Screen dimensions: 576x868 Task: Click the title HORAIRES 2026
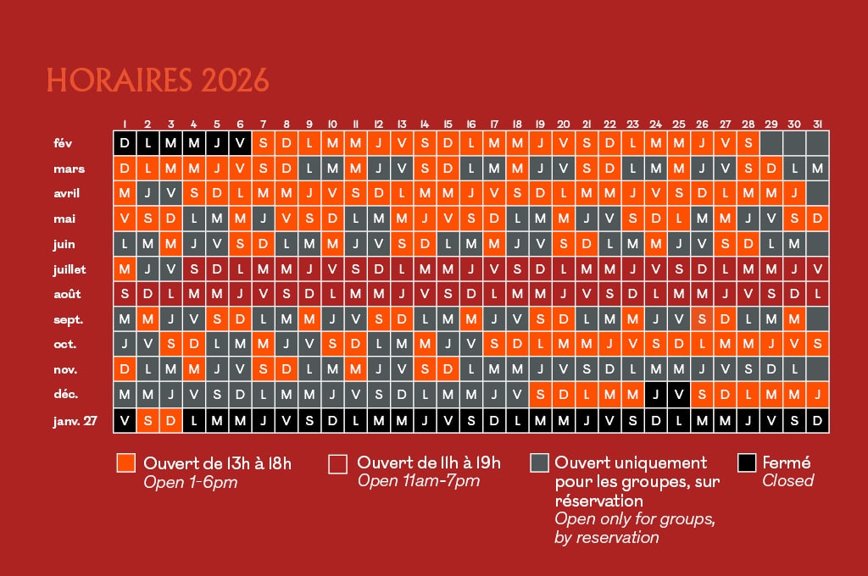158,80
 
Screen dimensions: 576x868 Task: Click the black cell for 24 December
655,395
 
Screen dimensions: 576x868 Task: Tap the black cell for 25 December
678,395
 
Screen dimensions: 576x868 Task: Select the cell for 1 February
125,143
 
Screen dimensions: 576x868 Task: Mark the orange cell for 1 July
125,269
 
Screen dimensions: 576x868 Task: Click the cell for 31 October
817,345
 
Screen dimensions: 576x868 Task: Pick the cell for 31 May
817,219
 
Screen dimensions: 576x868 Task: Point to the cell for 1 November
125,370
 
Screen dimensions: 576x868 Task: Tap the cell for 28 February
748,143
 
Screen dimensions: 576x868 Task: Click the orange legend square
126,463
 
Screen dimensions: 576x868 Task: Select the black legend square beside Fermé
747,463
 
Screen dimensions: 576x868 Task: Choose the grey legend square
538,463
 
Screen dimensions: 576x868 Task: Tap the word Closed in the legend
787,481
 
